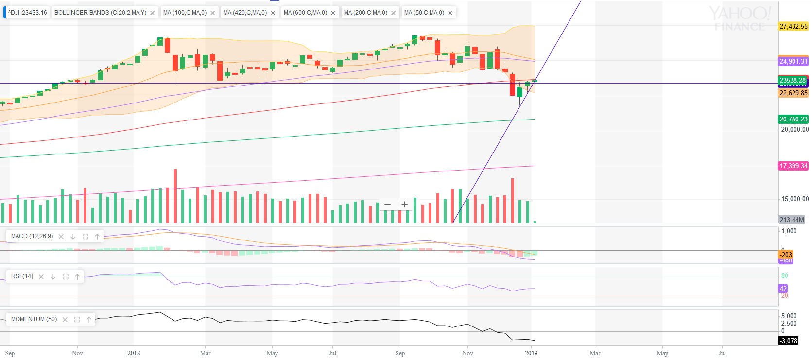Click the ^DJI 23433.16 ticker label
(27, 13)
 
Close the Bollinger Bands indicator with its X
(153, 13)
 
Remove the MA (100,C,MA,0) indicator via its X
(213, 13)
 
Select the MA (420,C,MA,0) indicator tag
(245, 13)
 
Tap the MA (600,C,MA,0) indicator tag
(305, 13)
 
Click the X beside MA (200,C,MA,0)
(394, 13)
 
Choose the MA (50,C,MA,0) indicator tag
(424, 13)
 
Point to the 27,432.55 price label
(793, 27)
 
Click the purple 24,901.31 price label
(793, 62)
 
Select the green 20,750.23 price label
(793, 119)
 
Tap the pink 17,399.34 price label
(793, 166)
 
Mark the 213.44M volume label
(792, 220)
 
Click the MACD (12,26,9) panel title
(32, 236)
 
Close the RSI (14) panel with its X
(41, 277)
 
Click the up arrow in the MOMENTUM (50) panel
(89, 320)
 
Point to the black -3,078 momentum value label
(788, 341)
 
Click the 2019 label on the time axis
(531, 353)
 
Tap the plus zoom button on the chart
(405, 205)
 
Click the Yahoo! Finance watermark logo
(739, 18)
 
